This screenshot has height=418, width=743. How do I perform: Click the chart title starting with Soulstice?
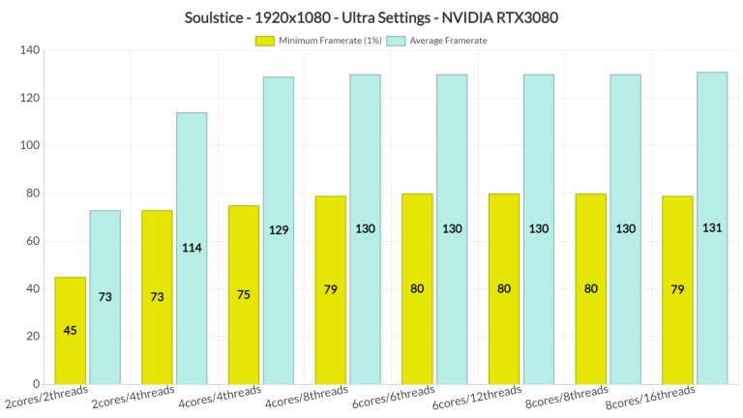click(371, 17)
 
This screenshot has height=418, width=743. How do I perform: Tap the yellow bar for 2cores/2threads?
click(70, 330)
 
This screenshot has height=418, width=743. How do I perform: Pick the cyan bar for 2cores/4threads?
click(191, 248)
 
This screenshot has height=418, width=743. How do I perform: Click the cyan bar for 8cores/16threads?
click(711, 227)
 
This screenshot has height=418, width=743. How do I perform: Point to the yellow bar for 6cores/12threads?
click(504, 288)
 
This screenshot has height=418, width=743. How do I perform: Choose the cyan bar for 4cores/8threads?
click(365, 228)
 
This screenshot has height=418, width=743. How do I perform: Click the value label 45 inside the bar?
click(70, 330)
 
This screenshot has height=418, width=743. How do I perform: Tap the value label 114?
click(191, 248)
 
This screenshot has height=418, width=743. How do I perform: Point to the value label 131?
click(711, 228)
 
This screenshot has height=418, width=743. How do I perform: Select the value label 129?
click(278, 229)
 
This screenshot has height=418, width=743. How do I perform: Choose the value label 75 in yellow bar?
click(244, 294)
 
